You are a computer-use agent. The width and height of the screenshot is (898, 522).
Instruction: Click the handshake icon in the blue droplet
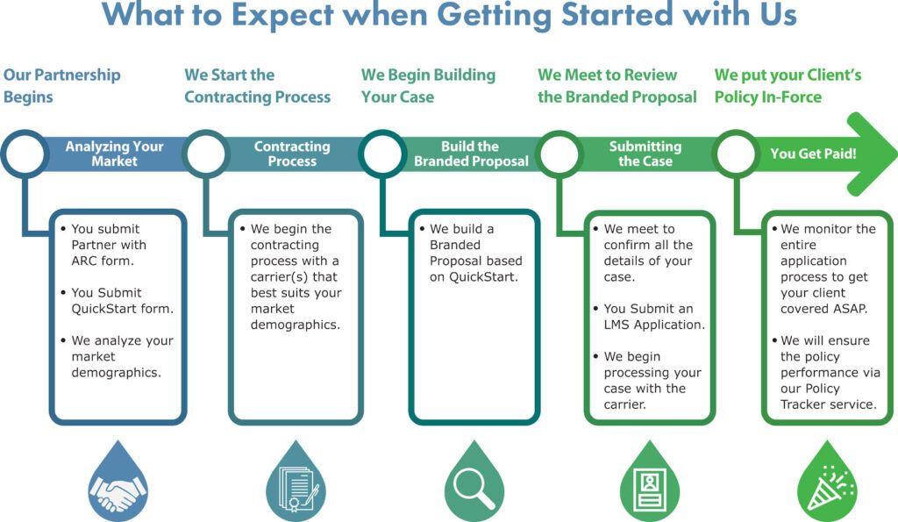point(118,492)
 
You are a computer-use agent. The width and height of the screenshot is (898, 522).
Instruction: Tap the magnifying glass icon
point(474,488)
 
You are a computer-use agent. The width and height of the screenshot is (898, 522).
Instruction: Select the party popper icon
point(830,488)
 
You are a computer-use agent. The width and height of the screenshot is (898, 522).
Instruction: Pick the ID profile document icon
point(650,489)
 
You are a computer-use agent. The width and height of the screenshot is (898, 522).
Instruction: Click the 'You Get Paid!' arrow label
point(813,154)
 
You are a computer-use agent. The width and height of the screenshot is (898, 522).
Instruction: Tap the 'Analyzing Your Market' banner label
point(115,154)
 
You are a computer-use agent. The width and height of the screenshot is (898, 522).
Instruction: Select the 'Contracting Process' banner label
point(292,154)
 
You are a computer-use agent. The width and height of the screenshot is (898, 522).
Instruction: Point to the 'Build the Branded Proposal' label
point(471,154)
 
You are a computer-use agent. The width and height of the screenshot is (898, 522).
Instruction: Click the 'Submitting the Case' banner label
point(645,154)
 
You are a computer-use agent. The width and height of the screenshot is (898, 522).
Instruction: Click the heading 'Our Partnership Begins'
point(62,85)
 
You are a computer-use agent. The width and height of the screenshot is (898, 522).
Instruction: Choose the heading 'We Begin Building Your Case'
point(428,85)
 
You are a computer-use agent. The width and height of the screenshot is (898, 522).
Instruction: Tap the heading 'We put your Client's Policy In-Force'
point(788,85)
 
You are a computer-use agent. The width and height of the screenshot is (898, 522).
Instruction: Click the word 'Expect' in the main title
point(282,15)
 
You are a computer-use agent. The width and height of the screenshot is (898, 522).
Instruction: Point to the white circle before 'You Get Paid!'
point(736,153)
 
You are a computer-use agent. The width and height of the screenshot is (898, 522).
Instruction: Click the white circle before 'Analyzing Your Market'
point(24,153)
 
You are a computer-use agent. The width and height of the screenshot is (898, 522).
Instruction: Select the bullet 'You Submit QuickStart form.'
point(118,300)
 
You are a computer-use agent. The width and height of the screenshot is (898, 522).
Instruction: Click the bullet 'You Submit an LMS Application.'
point(650,317)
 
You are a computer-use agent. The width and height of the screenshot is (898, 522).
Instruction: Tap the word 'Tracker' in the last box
point(802,404)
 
